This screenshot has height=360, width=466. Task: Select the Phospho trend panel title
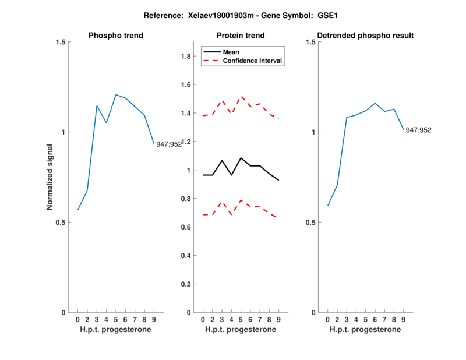click(115, 36)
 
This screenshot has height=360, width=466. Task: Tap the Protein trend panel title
click(241, 36)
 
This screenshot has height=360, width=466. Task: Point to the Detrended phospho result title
click(365, 36)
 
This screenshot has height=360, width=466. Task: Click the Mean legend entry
click(231, 52)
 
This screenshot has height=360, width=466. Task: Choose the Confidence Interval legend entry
click(253, 60)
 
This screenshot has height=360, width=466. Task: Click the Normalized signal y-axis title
click(50, 177)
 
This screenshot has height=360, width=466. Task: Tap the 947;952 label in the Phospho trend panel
click(169, 144)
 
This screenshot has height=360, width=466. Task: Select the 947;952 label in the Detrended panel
click(418, 130)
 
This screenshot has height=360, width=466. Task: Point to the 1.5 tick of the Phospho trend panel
click(59, 42)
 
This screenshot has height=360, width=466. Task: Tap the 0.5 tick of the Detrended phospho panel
click(309, 222)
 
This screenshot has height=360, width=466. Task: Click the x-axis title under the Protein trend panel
click(241, 330)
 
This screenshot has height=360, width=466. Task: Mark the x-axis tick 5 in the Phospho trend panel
click(115, 320)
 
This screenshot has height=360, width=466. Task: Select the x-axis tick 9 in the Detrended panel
click(403, 320)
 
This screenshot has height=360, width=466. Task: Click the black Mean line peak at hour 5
click(241, 158)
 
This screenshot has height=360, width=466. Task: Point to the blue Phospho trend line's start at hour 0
click(78, 210)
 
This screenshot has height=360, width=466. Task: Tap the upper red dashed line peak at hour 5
click(241, 96)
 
